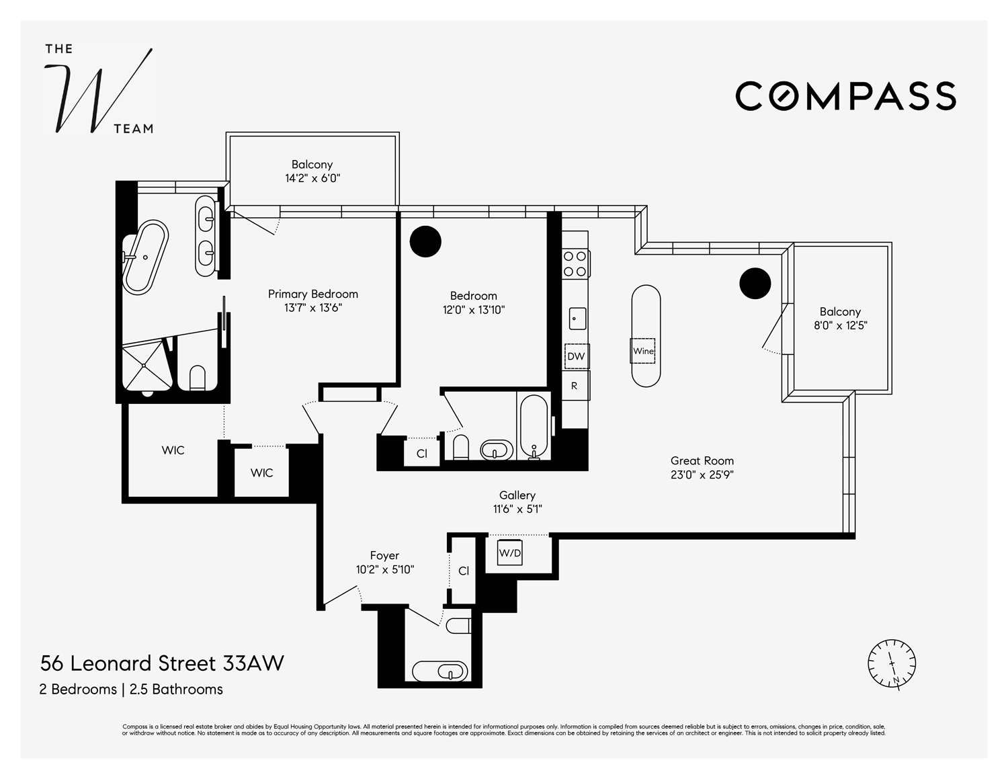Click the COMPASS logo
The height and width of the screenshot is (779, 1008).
point(845,96)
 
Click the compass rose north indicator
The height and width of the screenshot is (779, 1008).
point(892,663)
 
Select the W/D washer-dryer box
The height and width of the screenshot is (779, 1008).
point(509,552)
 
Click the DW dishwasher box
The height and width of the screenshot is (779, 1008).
point(576,356)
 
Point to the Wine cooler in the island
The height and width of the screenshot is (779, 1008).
point(643,351)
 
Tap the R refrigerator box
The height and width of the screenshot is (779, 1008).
point(575,386)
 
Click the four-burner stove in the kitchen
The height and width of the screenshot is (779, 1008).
point(575,263)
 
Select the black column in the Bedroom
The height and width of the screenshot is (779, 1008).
point(425,241)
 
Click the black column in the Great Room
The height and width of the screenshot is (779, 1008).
point(755,283)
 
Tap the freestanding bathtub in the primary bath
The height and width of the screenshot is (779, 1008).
point(145,257)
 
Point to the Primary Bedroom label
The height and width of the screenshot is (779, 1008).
point(312,294)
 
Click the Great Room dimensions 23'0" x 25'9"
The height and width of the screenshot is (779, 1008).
point(702,475)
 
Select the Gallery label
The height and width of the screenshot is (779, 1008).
point(517,495)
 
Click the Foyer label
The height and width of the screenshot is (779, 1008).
point(384,555)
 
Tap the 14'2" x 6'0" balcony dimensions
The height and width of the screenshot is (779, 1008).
point(312,179)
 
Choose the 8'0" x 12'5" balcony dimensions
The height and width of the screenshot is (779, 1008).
point(840,326)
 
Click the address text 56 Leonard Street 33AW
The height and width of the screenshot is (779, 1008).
point(162,663)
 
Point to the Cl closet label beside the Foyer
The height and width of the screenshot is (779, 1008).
point(464,571)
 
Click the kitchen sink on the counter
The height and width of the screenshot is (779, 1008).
point(577,318)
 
